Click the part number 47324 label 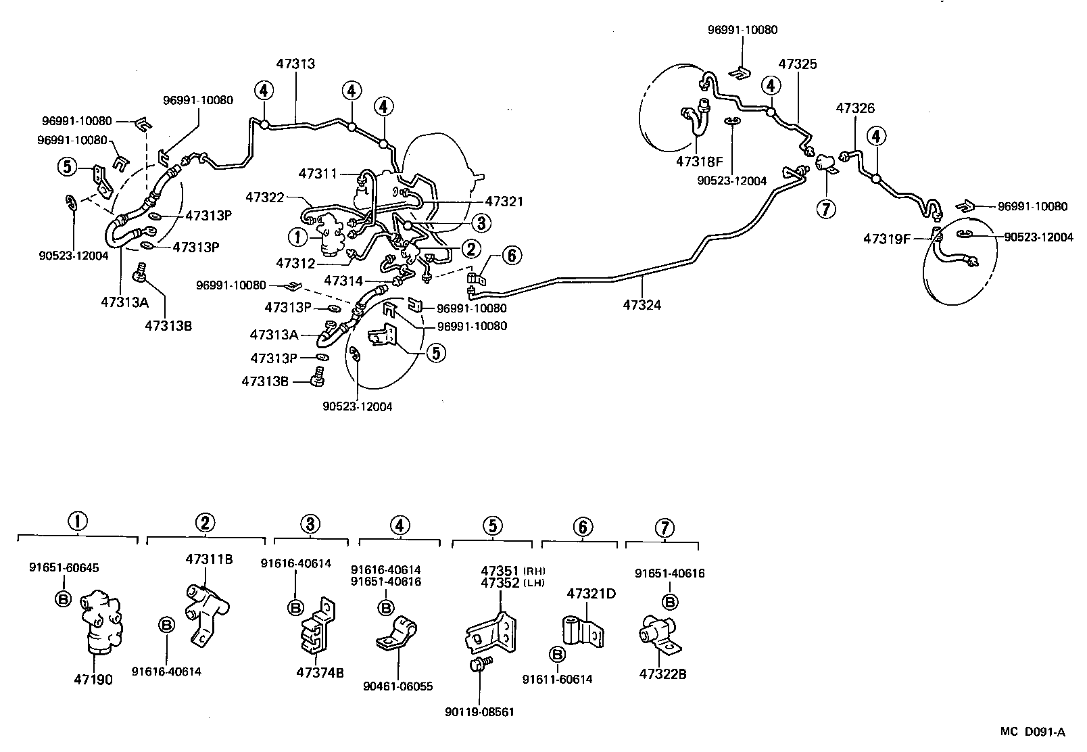tap(642, 305)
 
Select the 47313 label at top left tap(295, 64)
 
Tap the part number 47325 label tap(797, 64)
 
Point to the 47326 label tap(855, 108)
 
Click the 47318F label tap(699, 162)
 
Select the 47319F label tap(886, 238)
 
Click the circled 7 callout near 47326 tap(825, 208)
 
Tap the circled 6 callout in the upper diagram tap(511, 255)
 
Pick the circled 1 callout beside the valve tap(297, 237)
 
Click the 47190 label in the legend tap(93, 680)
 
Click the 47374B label tap(320, 672)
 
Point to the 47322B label tap(662, 674)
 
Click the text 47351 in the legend tap(500, 570)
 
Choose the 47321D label tap(591, 594)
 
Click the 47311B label tap(209, 559)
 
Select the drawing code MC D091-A tap(1033, 732)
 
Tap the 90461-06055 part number tap(397, 686)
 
